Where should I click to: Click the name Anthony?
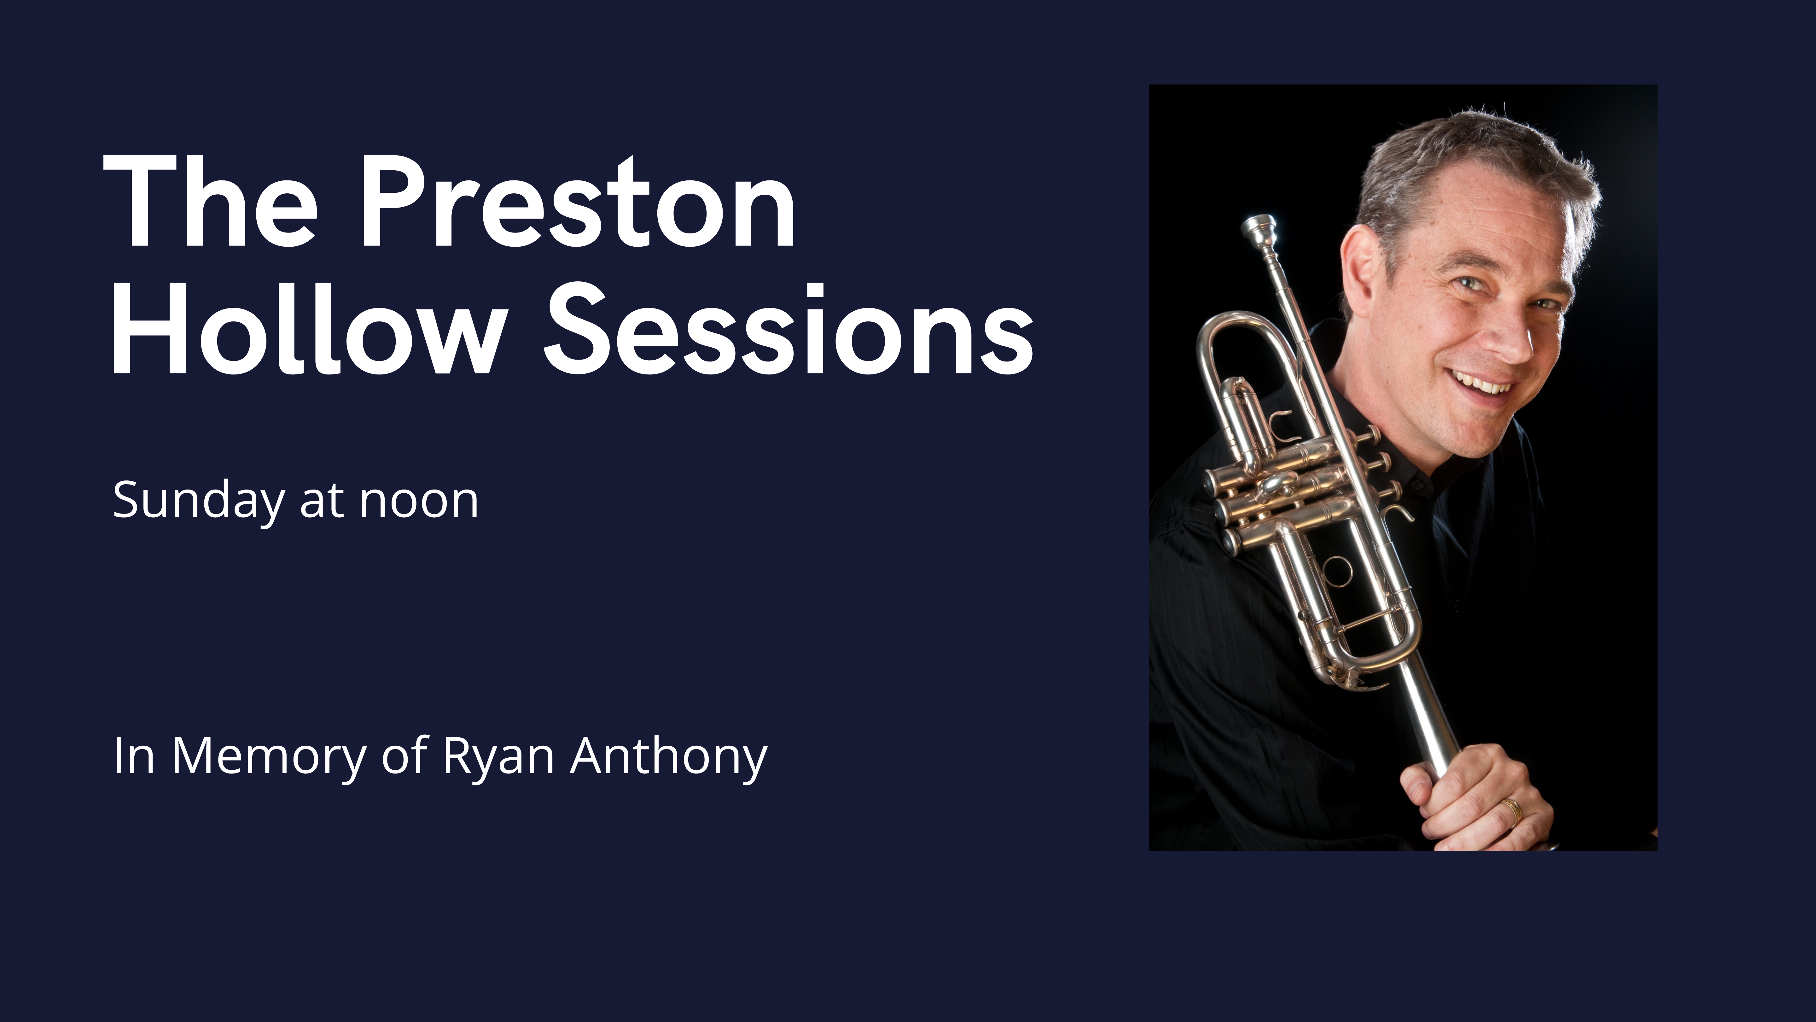[x=668, y=756]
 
